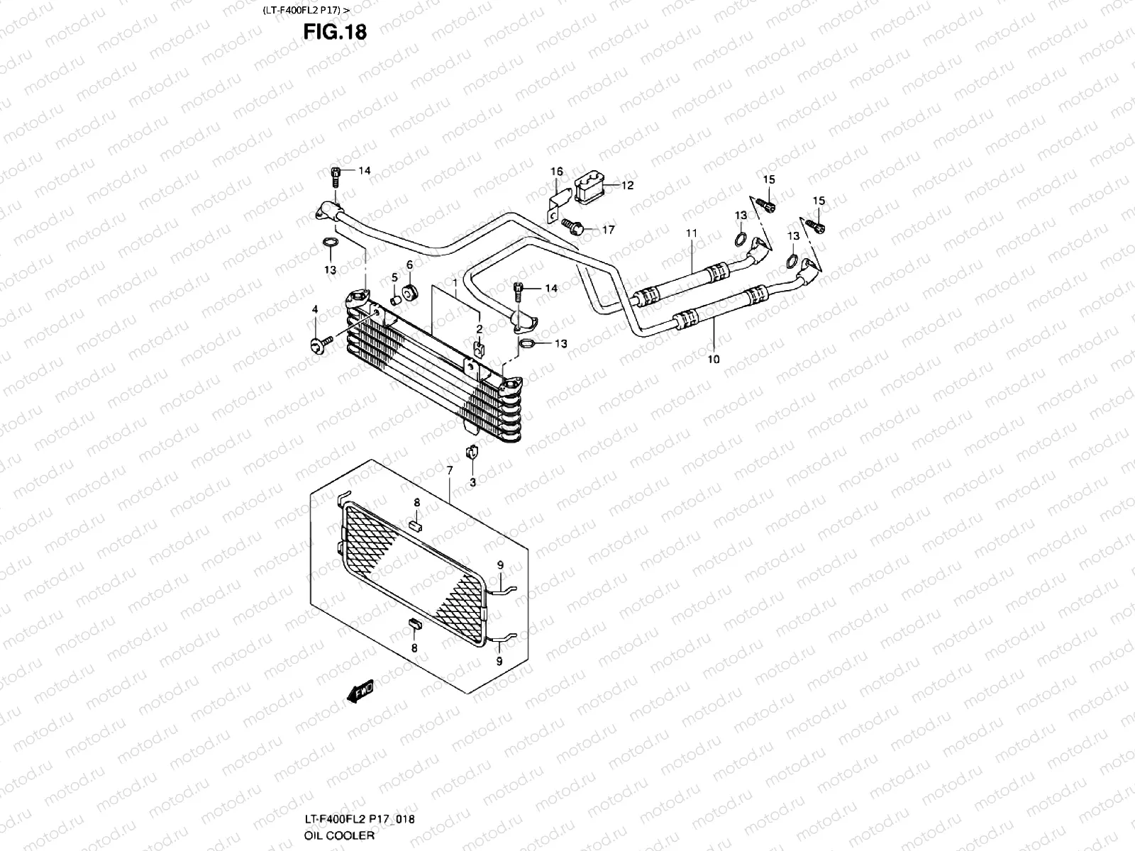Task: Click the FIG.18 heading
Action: point(335,32)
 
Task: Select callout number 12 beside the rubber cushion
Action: point(627,186)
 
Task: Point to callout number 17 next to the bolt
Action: point(608,230)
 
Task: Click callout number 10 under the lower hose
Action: point(713,360)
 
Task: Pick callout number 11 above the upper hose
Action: point(692,233)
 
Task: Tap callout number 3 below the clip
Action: point(473,482)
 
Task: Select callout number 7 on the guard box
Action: point(449,470)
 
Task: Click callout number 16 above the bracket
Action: point(557,172)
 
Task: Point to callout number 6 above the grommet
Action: point(409,265)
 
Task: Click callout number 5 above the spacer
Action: point(394,277)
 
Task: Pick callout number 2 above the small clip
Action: point(480,329)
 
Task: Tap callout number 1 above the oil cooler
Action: point(455,282)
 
